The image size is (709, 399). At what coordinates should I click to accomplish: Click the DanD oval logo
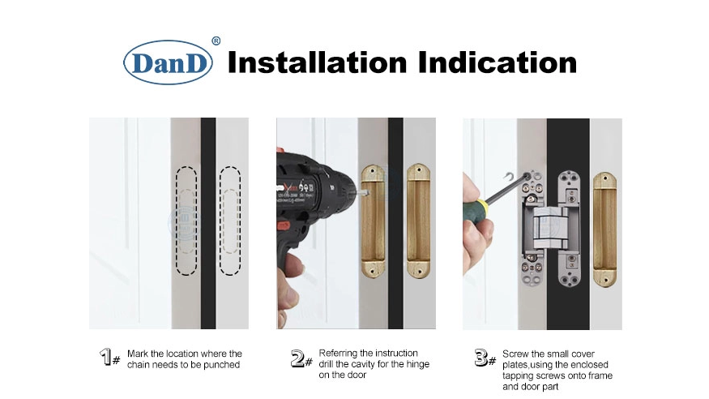[x=168, y=62]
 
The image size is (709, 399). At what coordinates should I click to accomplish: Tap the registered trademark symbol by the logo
[x=216, y=41]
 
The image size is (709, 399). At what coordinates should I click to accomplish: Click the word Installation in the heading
[x=318, y=62]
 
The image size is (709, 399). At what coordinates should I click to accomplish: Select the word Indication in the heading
[x=498, y=62]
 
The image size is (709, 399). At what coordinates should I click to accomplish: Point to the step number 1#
[x=110, y=357]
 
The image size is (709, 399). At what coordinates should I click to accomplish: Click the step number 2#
[x=301, y=358]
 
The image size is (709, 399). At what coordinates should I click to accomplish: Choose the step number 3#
[x=485, y=358]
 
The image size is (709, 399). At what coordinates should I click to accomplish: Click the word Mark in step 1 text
[x=138, y=354]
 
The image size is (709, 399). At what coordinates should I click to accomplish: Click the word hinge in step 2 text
[x=417, y=364]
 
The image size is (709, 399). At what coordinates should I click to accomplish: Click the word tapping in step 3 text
[x=519, y=376]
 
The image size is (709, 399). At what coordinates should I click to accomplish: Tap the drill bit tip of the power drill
[x=368, y=193]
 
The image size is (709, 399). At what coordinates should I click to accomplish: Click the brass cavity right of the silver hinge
[x=604, y=230]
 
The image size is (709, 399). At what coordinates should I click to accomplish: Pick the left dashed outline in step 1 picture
[x=186, y=221]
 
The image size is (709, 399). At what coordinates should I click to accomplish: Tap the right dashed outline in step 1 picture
[x=229, y=221]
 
